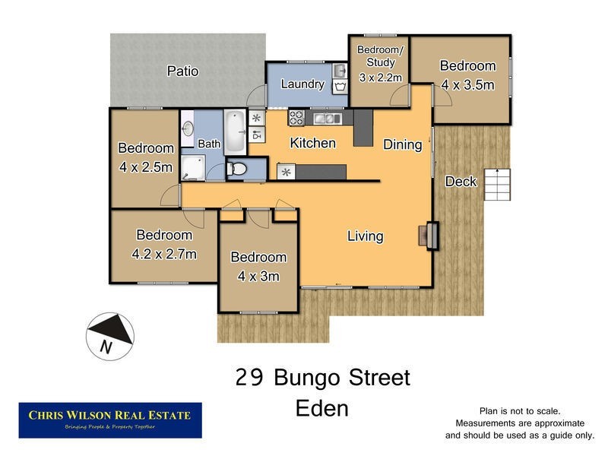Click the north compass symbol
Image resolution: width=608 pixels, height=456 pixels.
(111, 334)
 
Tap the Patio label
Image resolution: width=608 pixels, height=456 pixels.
(182, 71)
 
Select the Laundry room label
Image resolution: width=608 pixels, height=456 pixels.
(302, 84)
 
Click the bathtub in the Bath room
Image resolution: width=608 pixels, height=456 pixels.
(236, 131)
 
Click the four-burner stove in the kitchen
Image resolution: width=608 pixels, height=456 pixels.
(296, 118)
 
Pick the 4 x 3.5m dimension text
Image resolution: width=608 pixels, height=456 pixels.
(467, 84)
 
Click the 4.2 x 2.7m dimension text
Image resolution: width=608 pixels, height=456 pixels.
(164, 254)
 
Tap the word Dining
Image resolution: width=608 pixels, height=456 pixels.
(402, 145)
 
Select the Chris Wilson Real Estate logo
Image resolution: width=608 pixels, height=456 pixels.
(110, 420)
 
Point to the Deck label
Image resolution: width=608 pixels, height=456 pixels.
(460, 181)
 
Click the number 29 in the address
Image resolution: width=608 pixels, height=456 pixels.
(249, 378)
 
